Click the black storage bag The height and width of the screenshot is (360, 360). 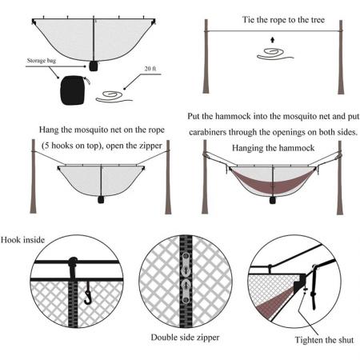tap(73, 89)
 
